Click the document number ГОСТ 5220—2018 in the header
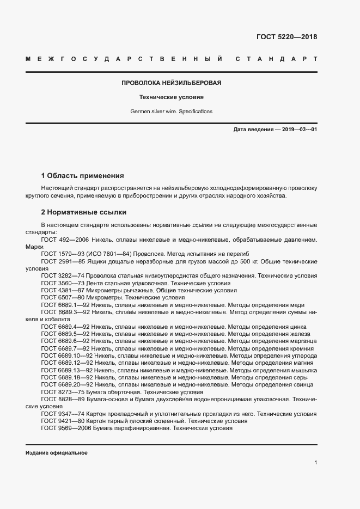tap(286, 38)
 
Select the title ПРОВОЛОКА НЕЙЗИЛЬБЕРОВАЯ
tap(171, 83)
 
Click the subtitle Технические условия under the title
tap(171, 97)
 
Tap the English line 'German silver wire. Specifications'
tap(171, 111)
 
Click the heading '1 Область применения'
tap(82, 176)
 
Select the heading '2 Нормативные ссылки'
tap(83, 212)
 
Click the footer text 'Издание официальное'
tap(57, 453)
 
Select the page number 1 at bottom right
tap(315, 462)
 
